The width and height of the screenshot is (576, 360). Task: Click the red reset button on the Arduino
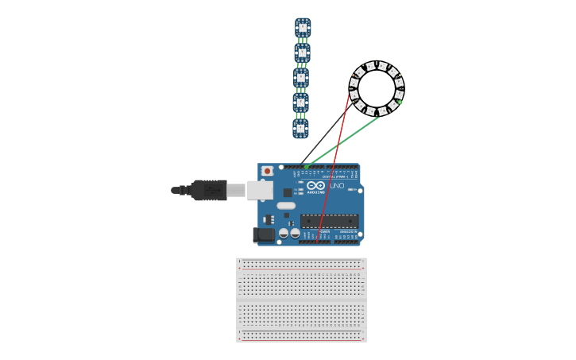point(268,171)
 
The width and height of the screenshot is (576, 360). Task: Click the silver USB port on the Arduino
point(260,190)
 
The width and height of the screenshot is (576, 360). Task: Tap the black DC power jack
point(263,235)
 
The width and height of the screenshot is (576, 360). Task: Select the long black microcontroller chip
point(329,221)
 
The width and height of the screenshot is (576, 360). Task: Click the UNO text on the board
point(337,186)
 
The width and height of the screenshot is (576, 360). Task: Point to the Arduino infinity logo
point(316,186)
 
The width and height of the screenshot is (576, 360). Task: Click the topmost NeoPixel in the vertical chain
point(303,28)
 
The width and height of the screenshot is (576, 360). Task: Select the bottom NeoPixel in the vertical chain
point(300,128)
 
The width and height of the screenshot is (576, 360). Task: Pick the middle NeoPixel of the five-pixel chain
point(301,78)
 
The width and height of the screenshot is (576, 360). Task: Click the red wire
point(334,167)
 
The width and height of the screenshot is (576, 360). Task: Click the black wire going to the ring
point(326,134)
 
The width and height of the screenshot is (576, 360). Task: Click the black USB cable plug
point(208,190)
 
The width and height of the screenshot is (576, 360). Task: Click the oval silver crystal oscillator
point(286,206)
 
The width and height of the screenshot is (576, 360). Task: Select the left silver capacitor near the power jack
point(284,234)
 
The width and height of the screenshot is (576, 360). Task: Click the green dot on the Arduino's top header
point(307,167)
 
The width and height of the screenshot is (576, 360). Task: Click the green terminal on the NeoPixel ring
point(400,102)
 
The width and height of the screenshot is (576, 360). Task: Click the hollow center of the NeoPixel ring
point(377,88)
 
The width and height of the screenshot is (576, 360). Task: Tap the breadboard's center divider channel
point(301,300)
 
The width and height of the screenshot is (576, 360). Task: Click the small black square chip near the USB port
point(288,192)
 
